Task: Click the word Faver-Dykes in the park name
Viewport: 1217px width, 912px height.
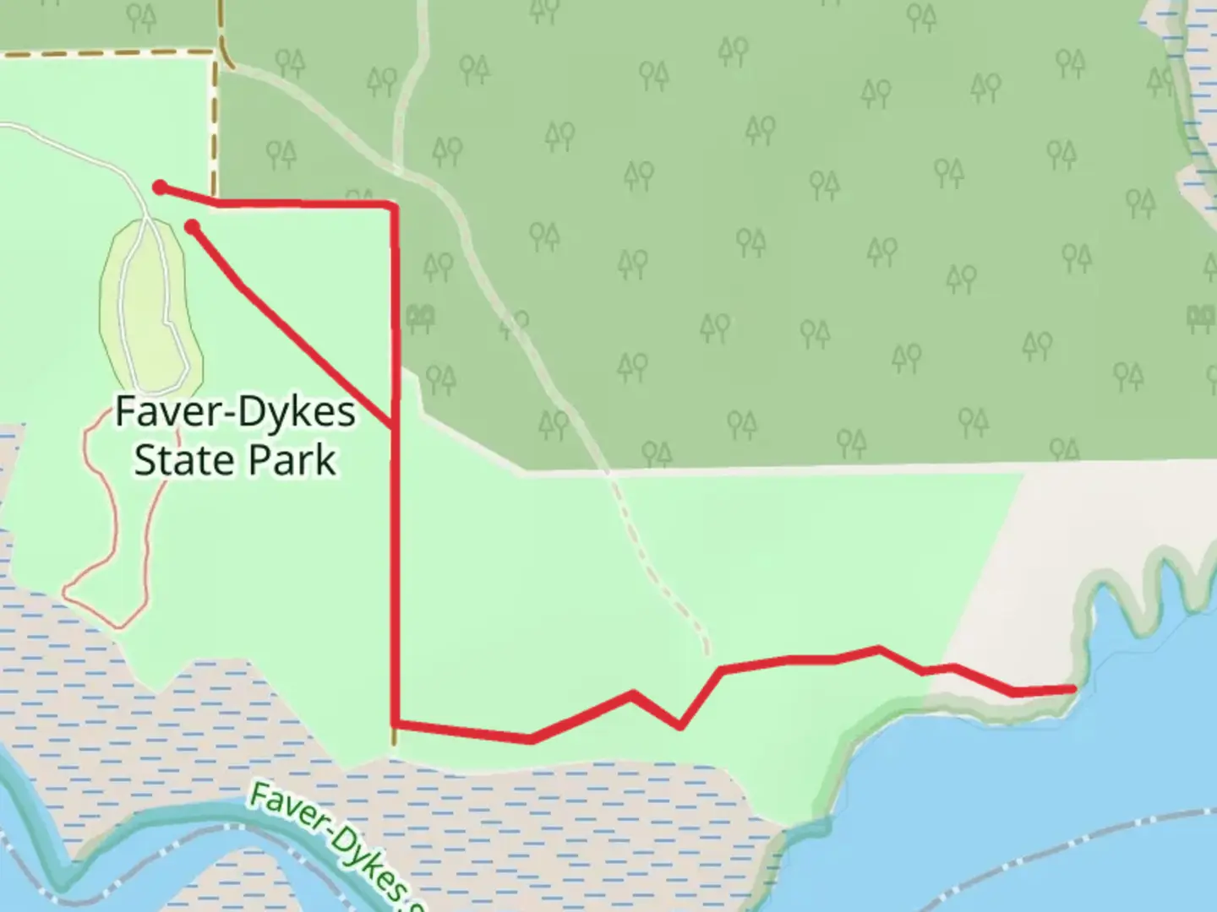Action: (235, 412)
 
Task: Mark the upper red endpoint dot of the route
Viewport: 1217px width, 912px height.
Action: (159, 187)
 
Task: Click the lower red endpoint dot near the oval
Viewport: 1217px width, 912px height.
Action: (193, 225)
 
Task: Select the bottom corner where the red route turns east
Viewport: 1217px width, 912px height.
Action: (395, 724)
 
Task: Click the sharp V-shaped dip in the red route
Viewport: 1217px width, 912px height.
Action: (680, 725)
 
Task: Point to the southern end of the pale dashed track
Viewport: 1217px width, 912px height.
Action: (706, 651)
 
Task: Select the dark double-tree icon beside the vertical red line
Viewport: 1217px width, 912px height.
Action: (420, 318)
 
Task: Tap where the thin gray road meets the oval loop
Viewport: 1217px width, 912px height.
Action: (149, 219)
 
